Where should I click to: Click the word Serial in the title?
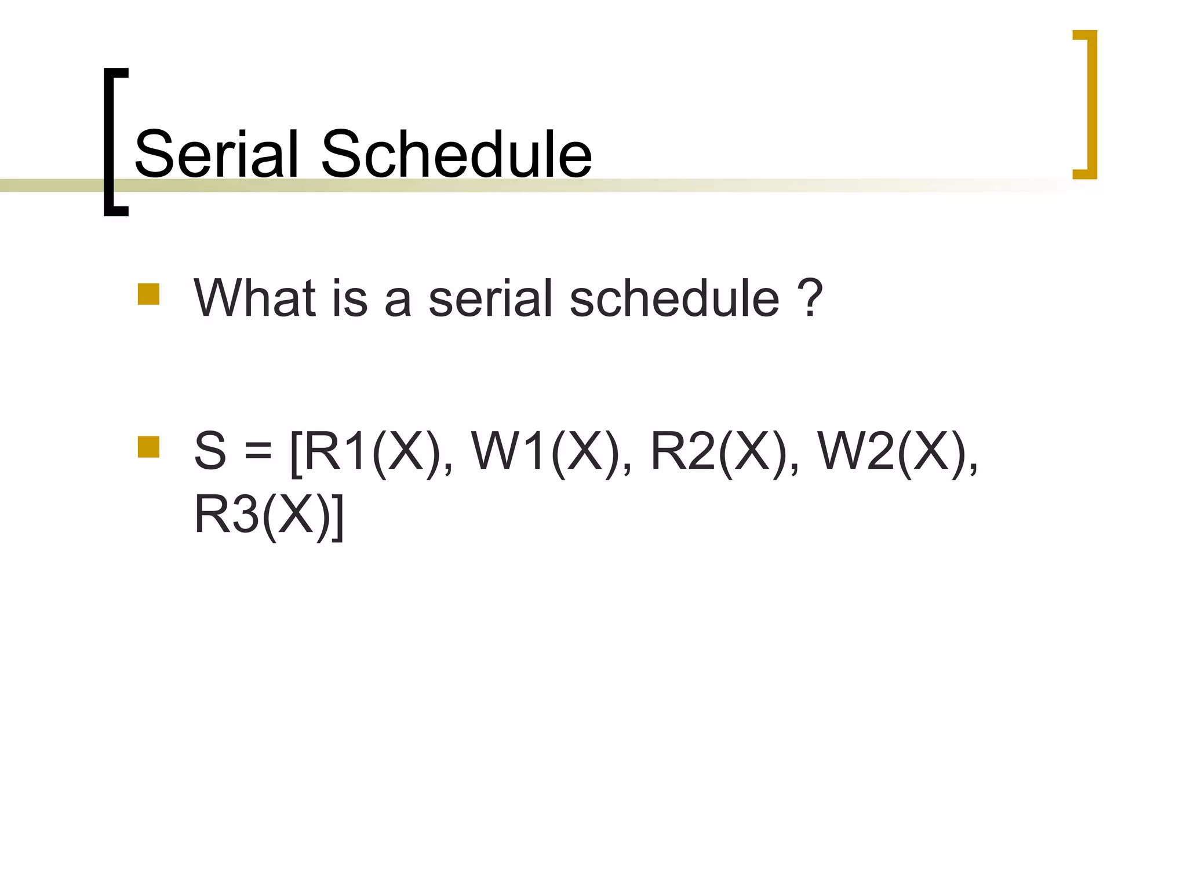pos(216,154)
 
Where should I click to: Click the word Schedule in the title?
pos(456,154)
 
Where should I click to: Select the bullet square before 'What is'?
pos(148,294)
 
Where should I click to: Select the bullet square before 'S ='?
pos(148,447)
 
